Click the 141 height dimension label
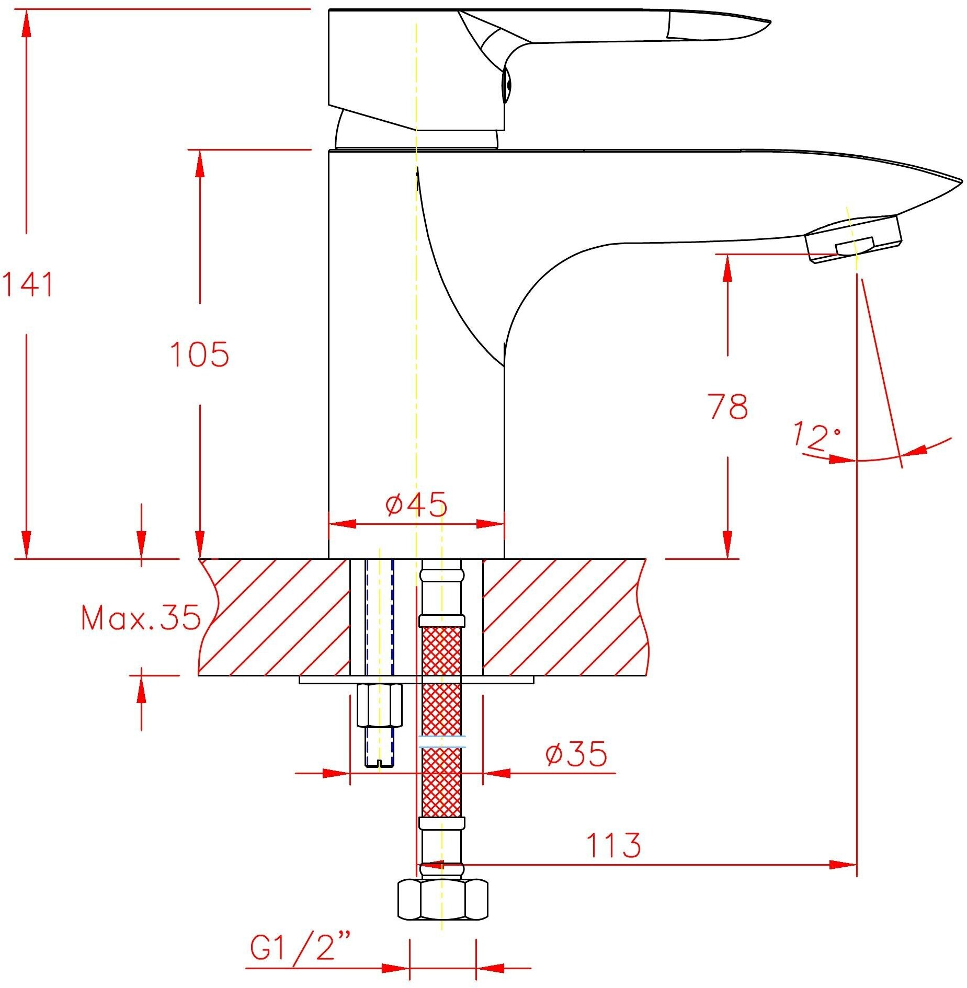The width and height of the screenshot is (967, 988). [28, 284]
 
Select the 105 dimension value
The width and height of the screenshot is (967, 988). [200, 354]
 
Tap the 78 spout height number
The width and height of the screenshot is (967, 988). [727, 406]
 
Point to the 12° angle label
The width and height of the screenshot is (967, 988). [816, 435]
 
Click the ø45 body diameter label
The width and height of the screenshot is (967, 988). [416, 504]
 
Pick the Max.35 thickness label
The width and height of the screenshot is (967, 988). [141, 617]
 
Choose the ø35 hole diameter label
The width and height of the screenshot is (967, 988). [576, 753]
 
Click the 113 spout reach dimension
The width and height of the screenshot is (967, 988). [613, 845]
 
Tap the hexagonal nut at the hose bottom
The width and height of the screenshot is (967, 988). [442, 899]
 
